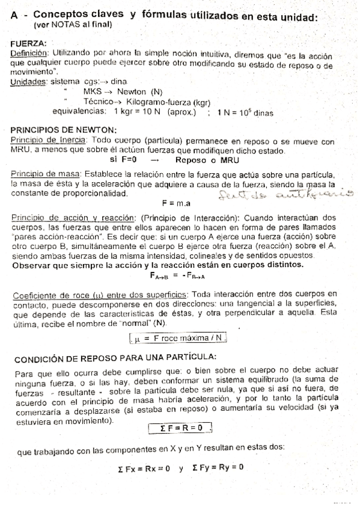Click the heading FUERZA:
tap(29, 44)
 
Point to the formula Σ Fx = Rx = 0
tap(144, 467)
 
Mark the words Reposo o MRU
tap(207, 160)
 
